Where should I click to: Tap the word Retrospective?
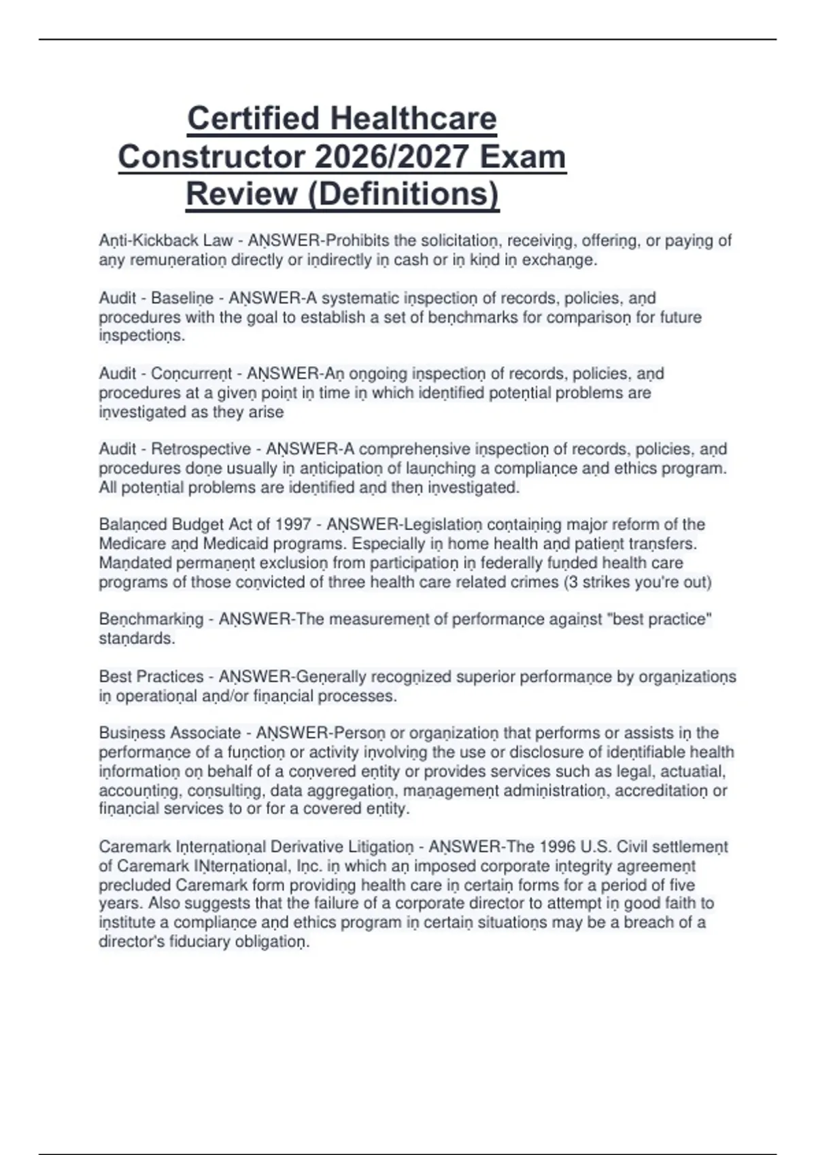click(x=201, y=449)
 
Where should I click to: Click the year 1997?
click(x=293, y=525)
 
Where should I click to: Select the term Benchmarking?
click(x=151, y=620)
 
